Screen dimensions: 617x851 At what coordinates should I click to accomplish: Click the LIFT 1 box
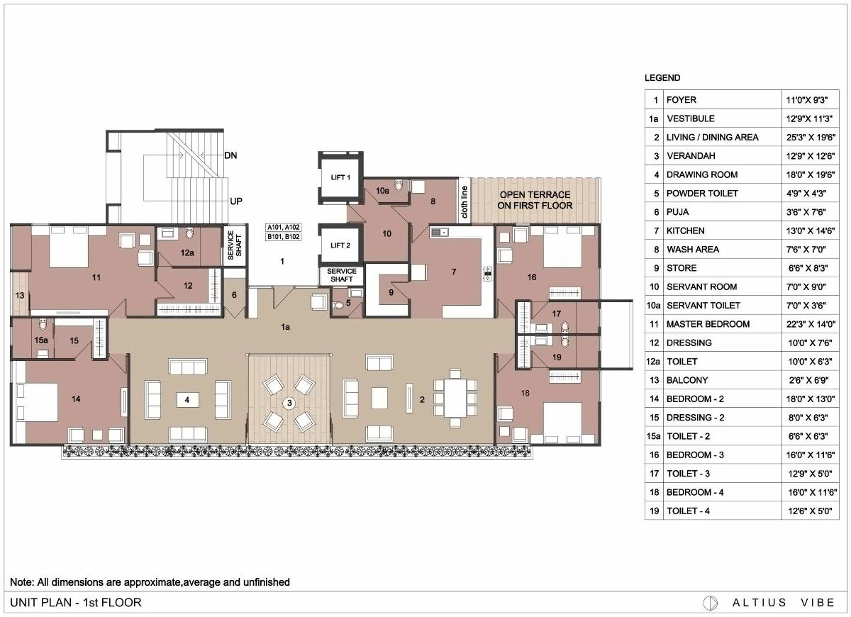[340, 177]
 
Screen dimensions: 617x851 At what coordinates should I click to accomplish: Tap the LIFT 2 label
[340, 245]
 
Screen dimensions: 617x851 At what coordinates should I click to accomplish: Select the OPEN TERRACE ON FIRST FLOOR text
[535, 200]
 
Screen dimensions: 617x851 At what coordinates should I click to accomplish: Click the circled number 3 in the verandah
[289, 403]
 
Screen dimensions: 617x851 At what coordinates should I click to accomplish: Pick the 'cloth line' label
[465, 201]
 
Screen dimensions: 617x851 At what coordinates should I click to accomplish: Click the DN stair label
[230, 155]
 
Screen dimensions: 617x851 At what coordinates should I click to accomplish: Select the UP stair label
[236, 201]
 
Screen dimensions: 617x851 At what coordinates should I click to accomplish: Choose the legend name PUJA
[677, 211]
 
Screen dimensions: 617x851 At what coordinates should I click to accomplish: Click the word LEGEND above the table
[662, 78]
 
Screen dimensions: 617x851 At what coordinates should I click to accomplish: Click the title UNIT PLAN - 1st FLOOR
[76, 603]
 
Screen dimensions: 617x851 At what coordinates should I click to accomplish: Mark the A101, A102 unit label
[283, 228]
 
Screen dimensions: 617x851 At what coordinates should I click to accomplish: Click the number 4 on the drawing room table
[187, 400]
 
